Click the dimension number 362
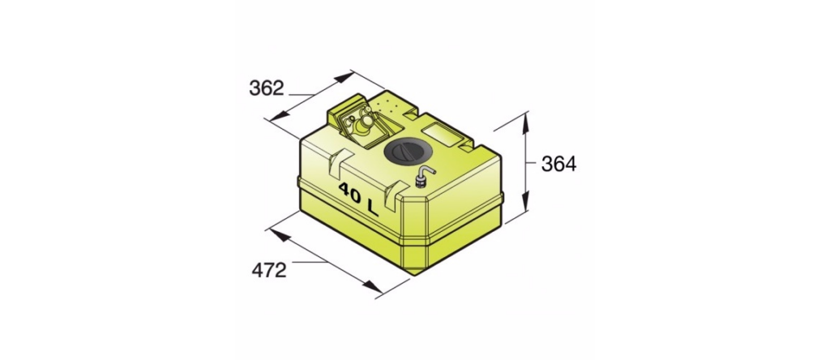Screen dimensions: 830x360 click(266, 88)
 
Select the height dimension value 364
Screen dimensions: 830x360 click(559, 165)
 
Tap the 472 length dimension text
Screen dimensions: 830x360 click(269, 271)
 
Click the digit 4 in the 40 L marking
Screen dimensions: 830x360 click(344, 190)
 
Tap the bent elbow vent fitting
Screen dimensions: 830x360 click(423, 176)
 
